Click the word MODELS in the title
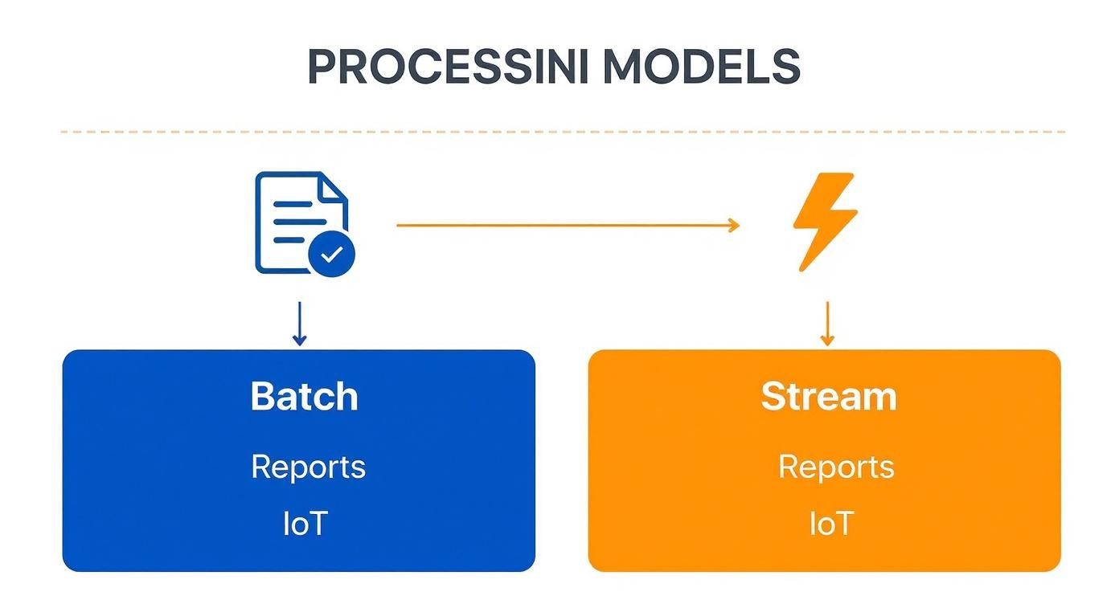(x=701, y=68)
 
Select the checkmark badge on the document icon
(x=331, y=255)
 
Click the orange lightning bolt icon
(x=824, y=222)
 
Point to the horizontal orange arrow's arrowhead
(x=732, y=226)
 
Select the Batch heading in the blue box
(x=304, y=397)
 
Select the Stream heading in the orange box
(x=828, y=397)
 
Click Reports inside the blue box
(x=308, y=467)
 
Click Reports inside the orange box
(x=835, y=467)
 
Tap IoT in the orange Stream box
(x=830, y=524)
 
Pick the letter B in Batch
(x=263, y=397)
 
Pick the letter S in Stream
(x=773, y=397)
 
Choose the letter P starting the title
(x=322, y=68)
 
